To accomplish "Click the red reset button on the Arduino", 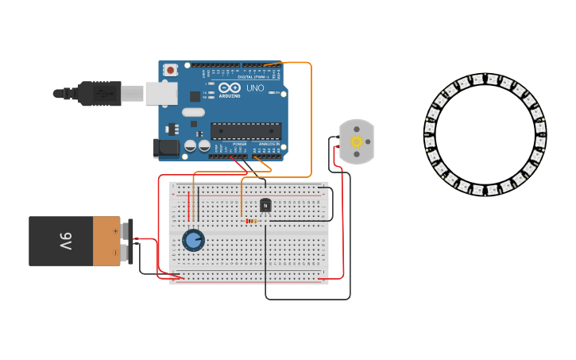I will pyautogui.click(x=170, y=70).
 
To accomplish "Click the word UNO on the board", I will pyautogui.click(x=255, y=88).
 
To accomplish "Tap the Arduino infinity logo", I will pyautogui.click(x=230, y=87).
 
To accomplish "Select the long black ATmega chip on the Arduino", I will pyautogui.click(x=245, y=130).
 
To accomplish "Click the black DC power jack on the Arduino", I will pyautogui.click(x=167, y=147).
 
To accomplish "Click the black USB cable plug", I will pyautogui.click(x=99, y=93).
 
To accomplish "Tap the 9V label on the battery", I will pyautogui.click(x=65, y=240).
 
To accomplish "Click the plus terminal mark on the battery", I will pyautogui.click(x=115, y=231).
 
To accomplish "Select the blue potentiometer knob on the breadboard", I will pyautogui.click(x=193, y=239).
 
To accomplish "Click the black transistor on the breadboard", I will pyautogui.click(x=265, y=205).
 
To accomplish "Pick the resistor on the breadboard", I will pyautogui.click(x=250, y=221).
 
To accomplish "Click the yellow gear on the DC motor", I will pyautogui.click(x=356, y=141).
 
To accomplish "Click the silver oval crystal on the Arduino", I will pyautogui.click(x=193, y=112).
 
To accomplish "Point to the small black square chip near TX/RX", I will pyautogui.click(x=195, y=96).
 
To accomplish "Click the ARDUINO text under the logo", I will pyautogui.click(x=230, y=95).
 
